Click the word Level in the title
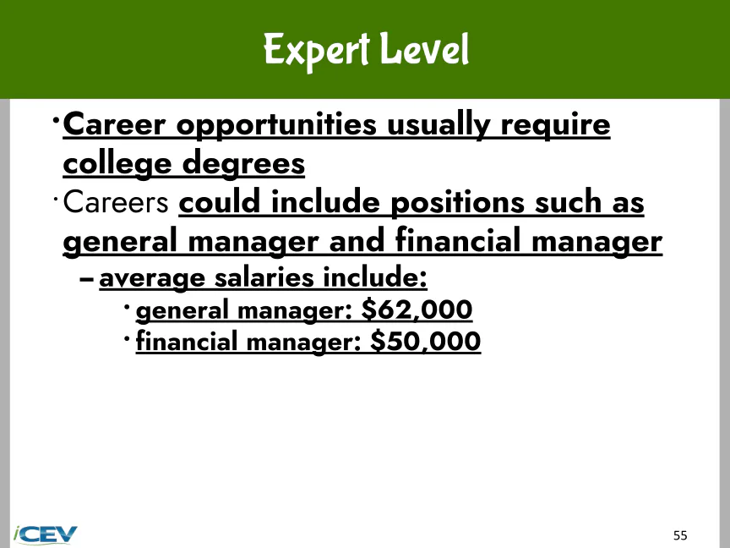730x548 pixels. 424,48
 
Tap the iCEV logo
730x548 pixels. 45,534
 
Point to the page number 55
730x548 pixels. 680,535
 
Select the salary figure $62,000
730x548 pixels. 417,310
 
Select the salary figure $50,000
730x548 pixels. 426,341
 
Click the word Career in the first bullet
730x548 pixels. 114,124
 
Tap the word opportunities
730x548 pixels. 276,126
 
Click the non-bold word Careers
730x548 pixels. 116,203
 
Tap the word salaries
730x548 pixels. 264,277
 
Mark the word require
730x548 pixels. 555,126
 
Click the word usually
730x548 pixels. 439,126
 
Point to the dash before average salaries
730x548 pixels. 86,280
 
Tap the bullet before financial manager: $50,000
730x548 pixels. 127,338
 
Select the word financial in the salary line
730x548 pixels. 186,341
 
